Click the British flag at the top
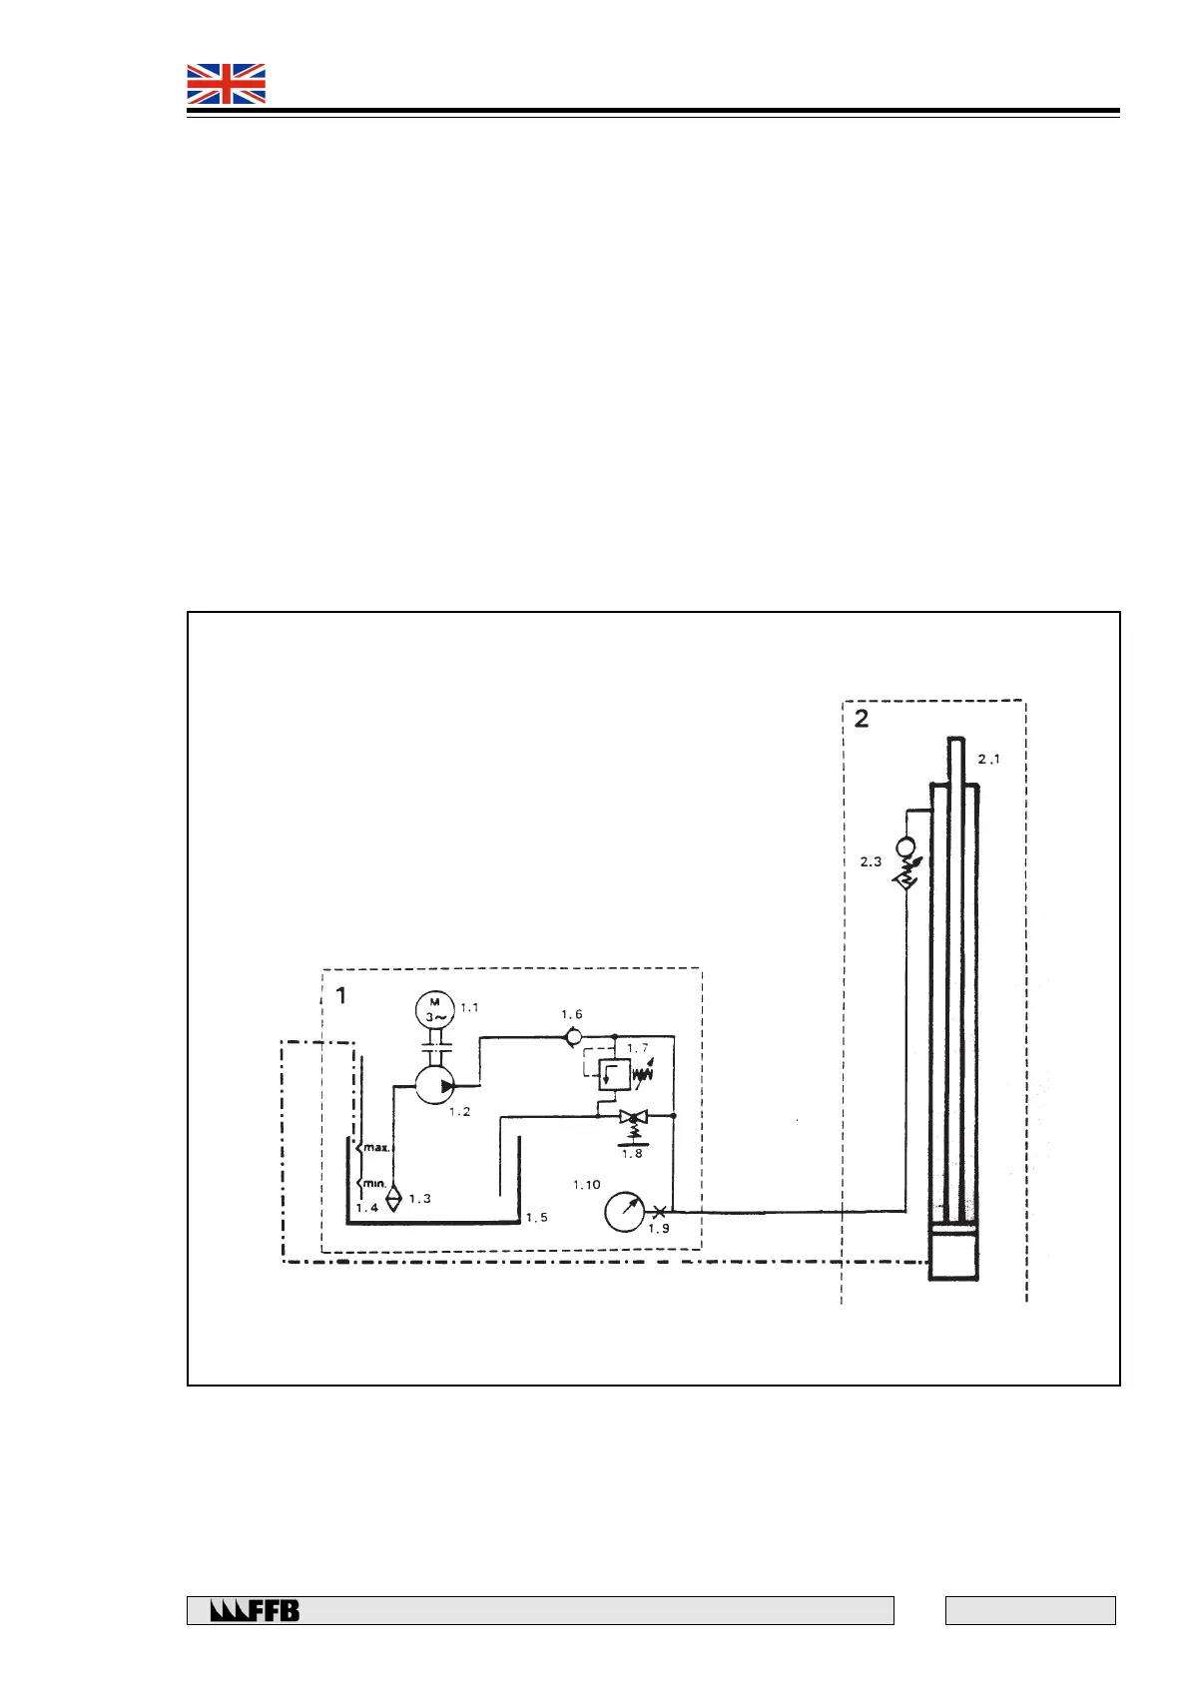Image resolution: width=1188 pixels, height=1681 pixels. (x=227, y=84)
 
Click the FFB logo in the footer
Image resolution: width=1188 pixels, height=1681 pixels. (x=255, y=1610)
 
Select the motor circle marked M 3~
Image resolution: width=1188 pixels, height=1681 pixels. (x=434, y=1009)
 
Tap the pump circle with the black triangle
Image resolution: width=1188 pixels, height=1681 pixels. (x=435, y=1084)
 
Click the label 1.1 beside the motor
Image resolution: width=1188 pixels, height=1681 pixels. (x=469, y=1008)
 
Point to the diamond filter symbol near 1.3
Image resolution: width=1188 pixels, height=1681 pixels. (x=393, y=1197)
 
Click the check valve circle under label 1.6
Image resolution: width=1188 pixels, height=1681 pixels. (x=574, y=1037)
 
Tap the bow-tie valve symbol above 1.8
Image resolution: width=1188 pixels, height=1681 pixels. (x=633, y=1116)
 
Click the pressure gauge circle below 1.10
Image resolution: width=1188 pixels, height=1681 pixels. (x=625, y=1212)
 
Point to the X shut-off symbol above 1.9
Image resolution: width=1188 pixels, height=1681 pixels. (x=659, y=1212)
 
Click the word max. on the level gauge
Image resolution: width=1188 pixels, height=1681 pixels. (x=376, y=1148)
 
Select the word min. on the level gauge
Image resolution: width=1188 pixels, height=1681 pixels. (x=374, y=1184)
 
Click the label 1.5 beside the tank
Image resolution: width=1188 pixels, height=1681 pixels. (x=537, y=1218)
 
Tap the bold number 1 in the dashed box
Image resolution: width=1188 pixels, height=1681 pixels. (x=341, y=995)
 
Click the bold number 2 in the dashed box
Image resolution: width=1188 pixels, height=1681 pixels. (x=862, y=719)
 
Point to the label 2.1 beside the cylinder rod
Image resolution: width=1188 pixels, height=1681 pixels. (x=988, y=760)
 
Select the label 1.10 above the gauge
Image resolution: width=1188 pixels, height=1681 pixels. (x=587, y=1185)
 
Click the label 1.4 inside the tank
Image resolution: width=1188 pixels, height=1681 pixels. (x=367, y=1208)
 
